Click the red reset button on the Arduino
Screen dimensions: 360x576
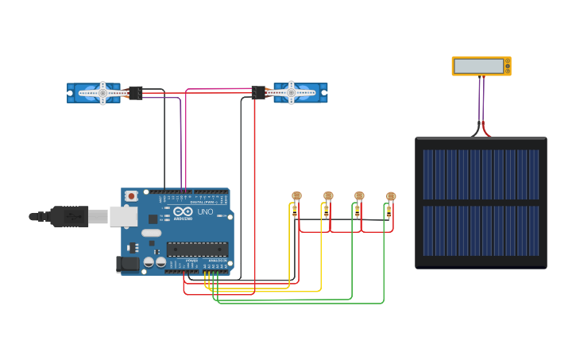pos(130,195)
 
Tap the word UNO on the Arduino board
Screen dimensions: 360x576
pos(204,212)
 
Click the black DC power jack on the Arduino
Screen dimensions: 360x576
pos(127,264)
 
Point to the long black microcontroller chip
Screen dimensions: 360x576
pos(197,249)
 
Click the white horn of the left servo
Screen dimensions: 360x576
pos(103,93)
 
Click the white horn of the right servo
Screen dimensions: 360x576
pos(291,93)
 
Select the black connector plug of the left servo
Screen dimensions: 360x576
pos(136,93)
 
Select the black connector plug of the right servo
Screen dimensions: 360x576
pos(258,93)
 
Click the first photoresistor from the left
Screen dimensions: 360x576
pos(296,195)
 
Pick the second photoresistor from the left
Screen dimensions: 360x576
pos(327,195)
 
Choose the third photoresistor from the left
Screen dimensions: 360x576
pos(359,195)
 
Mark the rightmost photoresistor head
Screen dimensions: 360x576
pos(390,195)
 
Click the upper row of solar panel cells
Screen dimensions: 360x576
pos(481,174)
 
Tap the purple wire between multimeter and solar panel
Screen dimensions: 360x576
pos(480,99)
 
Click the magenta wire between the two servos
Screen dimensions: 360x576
pos(218,88)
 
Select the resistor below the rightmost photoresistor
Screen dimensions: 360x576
pos(389,212)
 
